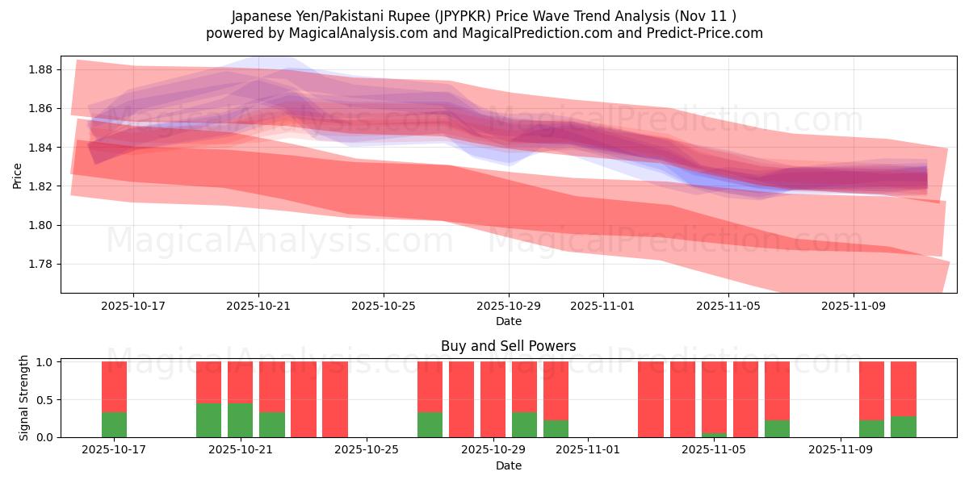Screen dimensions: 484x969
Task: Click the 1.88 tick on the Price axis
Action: [40, 69]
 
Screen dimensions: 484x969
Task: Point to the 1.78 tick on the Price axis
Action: [40, 264]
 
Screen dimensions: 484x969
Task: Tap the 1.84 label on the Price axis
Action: [40, 148]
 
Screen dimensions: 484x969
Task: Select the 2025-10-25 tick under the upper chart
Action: [384, 306]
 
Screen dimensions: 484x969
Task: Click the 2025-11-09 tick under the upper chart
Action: [854, 306]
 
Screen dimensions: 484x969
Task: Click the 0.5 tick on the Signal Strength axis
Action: [45, 399]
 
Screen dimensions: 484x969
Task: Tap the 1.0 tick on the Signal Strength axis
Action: [45, 362]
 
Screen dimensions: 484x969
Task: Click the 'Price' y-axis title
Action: [17, 174]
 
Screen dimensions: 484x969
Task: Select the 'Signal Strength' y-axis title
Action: [24, 398]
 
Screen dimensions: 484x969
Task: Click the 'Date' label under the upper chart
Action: [509, 321]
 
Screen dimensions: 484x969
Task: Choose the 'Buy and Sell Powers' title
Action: [509, 346]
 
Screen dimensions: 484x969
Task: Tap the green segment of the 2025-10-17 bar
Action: [114, 424]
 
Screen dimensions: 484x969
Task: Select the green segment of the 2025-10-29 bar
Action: [524, 424]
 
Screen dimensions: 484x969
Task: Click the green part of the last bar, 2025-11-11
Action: [904, 427]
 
